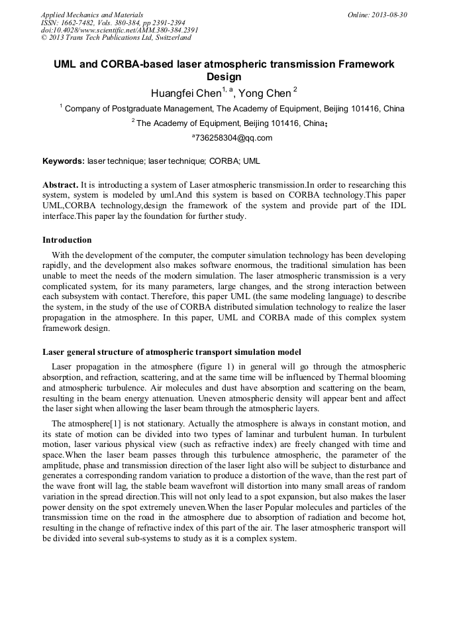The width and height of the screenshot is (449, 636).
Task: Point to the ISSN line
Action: pos(113,23)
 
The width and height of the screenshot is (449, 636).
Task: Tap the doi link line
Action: pos(119,30)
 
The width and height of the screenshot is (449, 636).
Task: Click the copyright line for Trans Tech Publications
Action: pos(116,38)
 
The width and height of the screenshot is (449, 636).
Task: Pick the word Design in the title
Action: pos(224,77)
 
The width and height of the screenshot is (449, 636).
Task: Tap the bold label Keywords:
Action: pos(64,161)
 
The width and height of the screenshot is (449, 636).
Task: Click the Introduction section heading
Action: pos(67,239)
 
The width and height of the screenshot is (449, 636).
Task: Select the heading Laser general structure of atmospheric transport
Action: pos(172,351)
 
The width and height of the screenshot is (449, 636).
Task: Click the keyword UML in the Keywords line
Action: pos(252,161)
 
